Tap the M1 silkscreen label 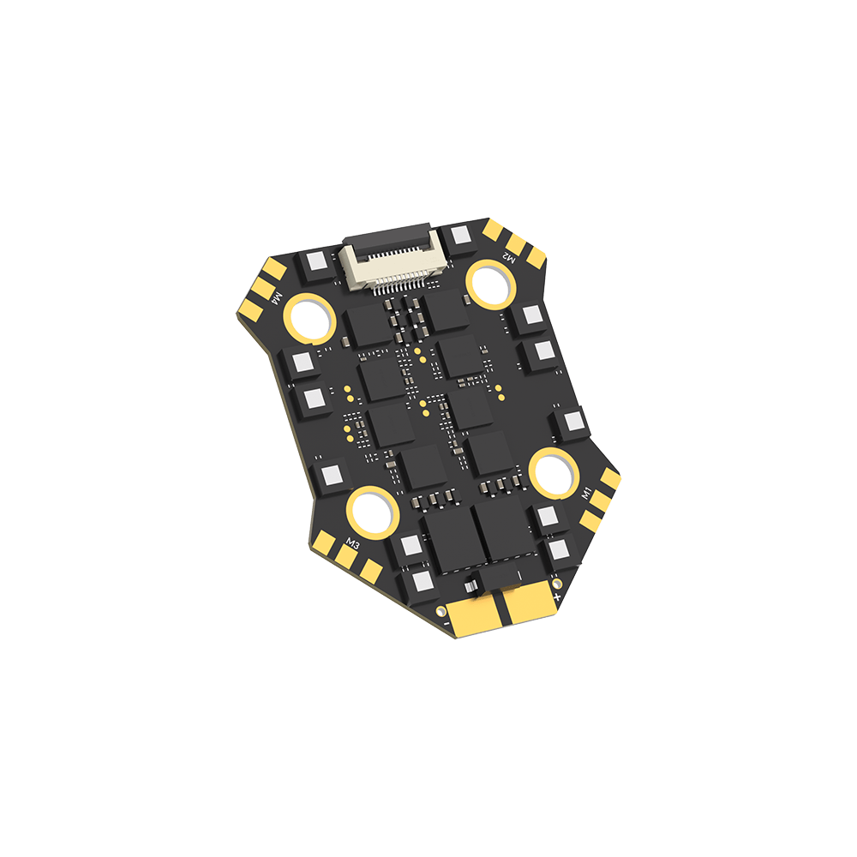pyautogui.click(x=587, y=494)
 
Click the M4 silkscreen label pyautogui.click(x=276, y=297)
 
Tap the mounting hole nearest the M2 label pyautogui.click(x=489, y=283)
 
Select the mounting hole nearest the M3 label pyautogui.click(x=372, y=511)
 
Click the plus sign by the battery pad pyautogui.click(x=558, y=596)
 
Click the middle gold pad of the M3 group pyautogui.click(x=346, y=557)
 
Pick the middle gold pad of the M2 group pyautogui.click(x=517, y=241)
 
